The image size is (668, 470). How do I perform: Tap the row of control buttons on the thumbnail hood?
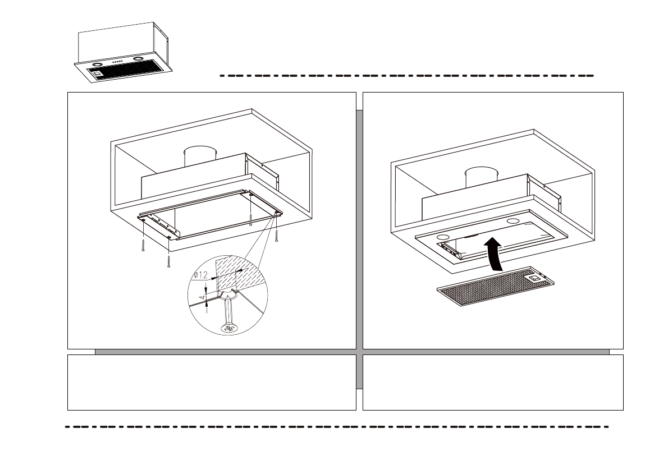pos(118,61)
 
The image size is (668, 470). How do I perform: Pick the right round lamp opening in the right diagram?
pos(513,221)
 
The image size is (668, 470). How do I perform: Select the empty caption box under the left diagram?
pos(212,382)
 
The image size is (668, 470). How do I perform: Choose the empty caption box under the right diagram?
pos(493,382)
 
